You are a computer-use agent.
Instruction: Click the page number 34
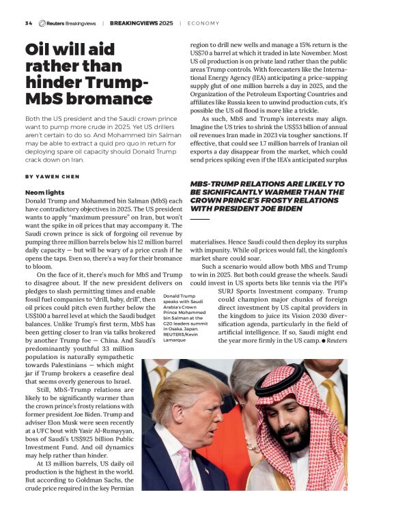[x=28, y=23]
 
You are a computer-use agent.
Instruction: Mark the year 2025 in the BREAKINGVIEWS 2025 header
[x=166, y=23]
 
